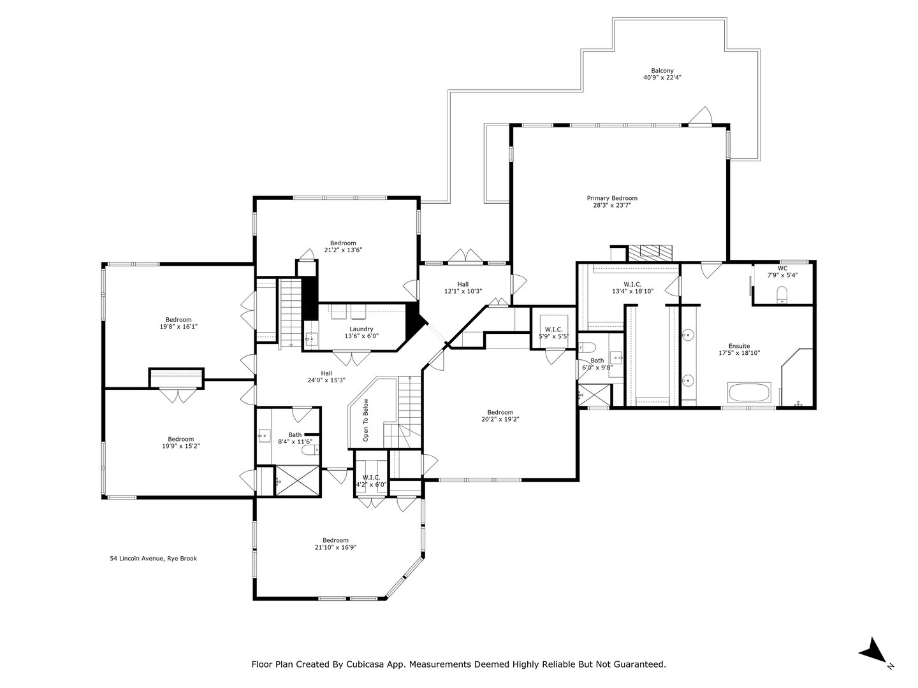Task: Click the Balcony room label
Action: [x=662, y=71]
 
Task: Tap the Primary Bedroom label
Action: [x=612, y=198]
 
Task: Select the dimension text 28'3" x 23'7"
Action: [x=612, y=206]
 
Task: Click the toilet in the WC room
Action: [x=782, y=294]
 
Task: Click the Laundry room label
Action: [x=361, y=329]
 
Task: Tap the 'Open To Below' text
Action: [x=366, y=420]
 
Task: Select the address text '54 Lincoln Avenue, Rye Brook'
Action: [x=154, y=559]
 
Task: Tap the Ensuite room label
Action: [x=739, y=346]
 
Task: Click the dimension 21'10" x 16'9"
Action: [x=335, y=547]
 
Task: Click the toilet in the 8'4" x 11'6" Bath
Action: [x=310, y=451]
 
